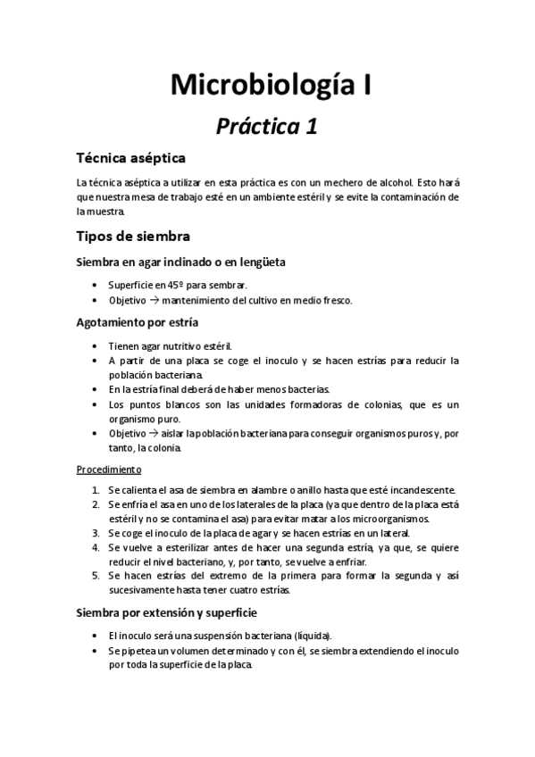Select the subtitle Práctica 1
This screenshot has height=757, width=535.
(267, 127)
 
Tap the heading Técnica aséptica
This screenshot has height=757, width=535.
(130, 158)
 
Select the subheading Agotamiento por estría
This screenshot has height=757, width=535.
(137, 321)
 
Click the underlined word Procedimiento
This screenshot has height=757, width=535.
(108, 469)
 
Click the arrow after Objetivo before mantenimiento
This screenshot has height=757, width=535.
(154, 300)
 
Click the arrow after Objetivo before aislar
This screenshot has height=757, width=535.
(154, 434)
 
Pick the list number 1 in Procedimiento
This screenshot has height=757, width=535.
(96, 489)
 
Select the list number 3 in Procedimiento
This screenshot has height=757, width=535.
(96, 534)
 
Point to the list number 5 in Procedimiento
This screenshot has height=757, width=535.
(96, 576)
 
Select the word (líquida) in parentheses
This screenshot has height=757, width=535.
(309, 636)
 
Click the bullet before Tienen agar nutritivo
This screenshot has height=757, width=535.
(96, 345)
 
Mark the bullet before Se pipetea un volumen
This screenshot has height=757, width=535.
(96, 651)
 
